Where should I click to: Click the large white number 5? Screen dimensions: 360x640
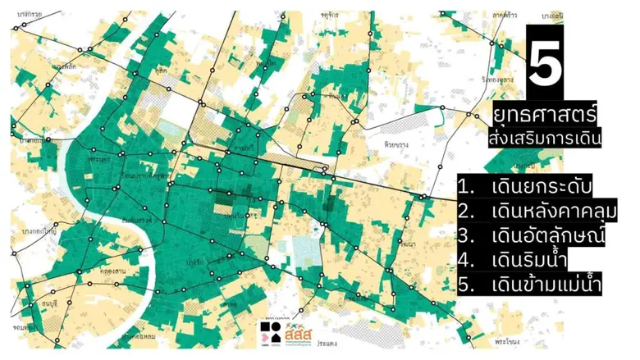pos(546,66)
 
